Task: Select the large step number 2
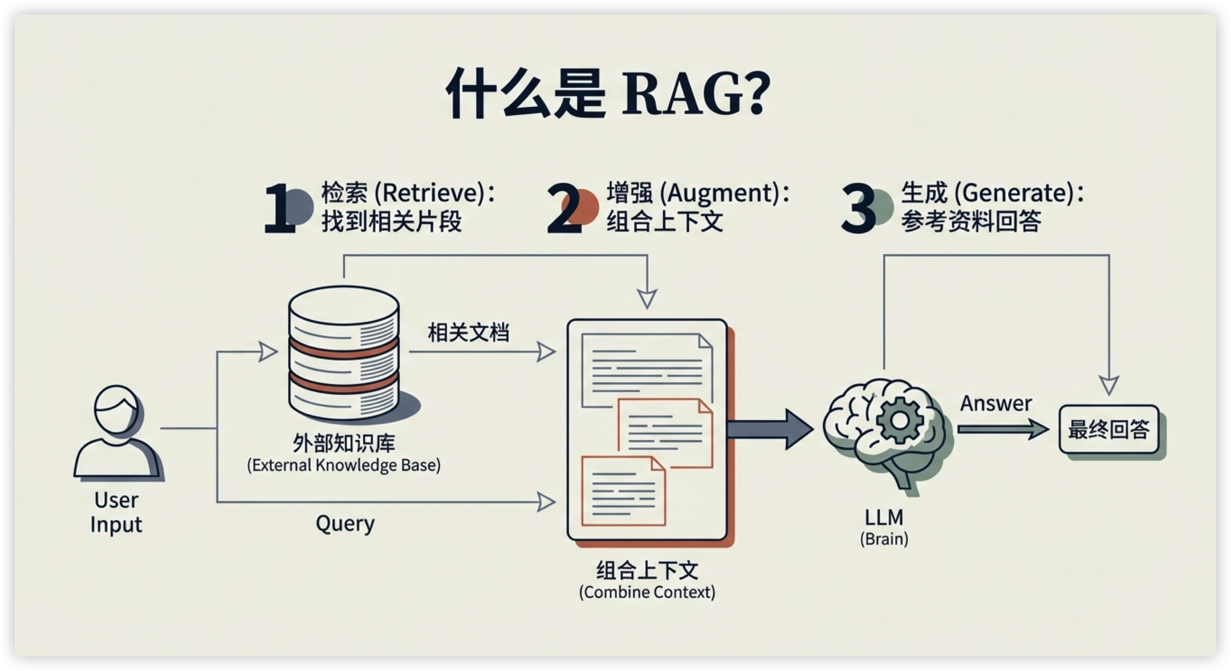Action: pos(564,209)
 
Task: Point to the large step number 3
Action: pos(858,209)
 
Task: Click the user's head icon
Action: pos(116,410)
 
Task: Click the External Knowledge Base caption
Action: pos(344,465)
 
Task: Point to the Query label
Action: pos(345,524)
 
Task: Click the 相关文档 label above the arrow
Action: pos(468,332)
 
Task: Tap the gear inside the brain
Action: pos(900,421)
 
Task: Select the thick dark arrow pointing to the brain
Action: pos(769,429)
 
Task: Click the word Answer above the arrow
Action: pos(996,404)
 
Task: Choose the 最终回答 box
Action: pos(1109,429)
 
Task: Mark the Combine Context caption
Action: pos(647,592)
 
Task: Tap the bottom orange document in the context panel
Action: pos(623,491)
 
